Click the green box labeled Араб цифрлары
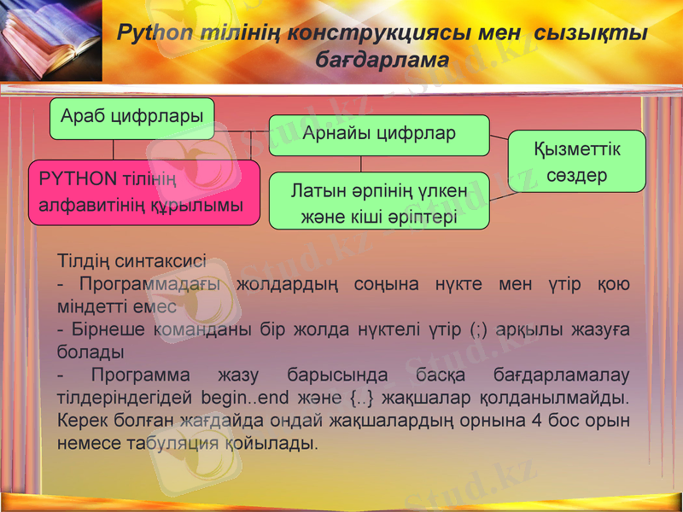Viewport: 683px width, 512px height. coord(131,119)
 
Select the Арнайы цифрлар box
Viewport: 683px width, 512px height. coord(379,135)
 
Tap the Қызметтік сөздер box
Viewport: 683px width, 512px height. coord(576,161)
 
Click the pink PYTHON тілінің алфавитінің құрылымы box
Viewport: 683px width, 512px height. coord(143,192)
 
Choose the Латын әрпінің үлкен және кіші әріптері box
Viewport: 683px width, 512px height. coord(379,201)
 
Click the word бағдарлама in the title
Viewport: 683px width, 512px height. coord(382,61)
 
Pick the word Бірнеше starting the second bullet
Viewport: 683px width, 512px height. coord(107,329)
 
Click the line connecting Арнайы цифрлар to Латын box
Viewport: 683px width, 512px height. coord(360,164)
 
